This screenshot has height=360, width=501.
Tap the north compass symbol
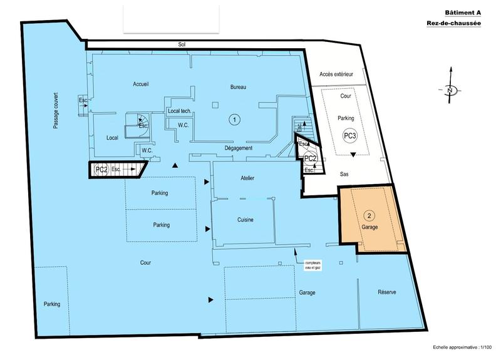(x=450, y=90)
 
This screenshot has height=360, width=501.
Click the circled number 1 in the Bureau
(x=234, y=118)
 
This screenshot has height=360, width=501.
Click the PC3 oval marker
(x=350, y=135)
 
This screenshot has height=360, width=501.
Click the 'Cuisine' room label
(x=245, y=219)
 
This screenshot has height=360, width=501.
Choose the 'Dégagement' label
(x=239, y=148)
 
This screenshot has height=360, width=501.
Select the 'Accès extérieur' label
(x=336, y=75)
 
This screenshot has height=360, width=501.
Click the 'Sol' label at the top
(x=182, y=44)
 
